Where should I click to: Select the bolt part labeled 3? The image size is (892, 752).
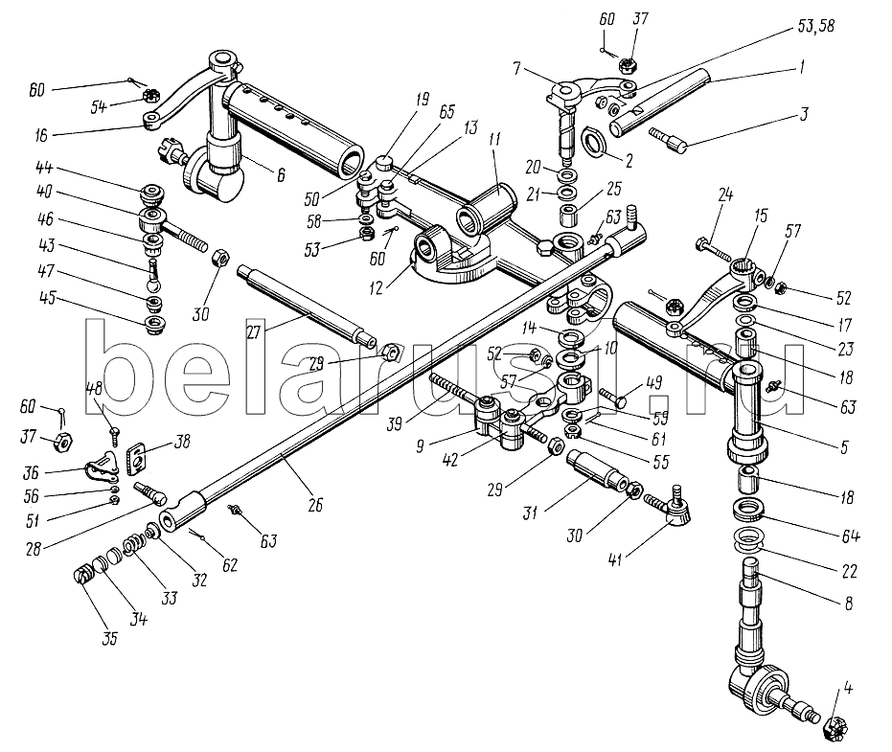tap(668, 138)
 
